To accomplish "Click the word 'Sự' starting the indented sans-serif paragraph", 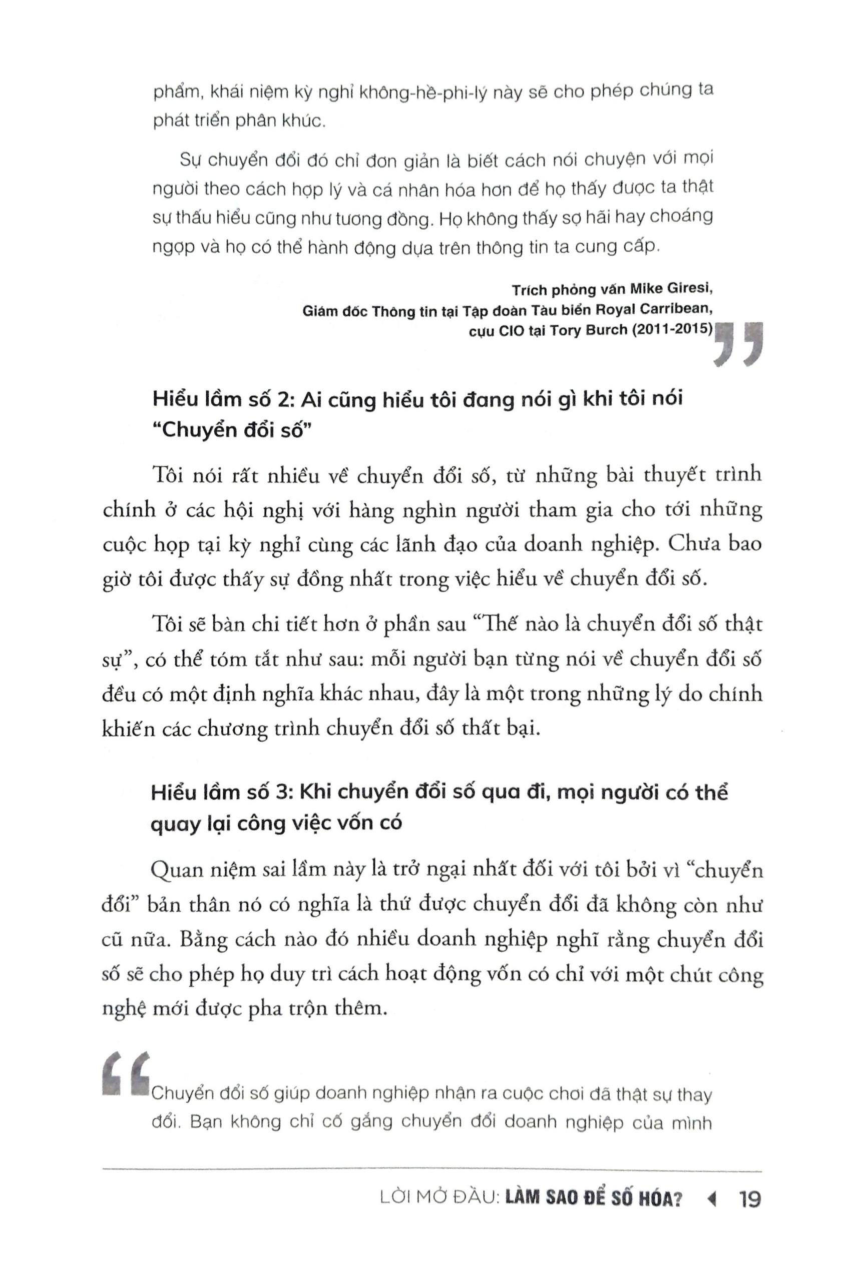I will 189,161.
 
